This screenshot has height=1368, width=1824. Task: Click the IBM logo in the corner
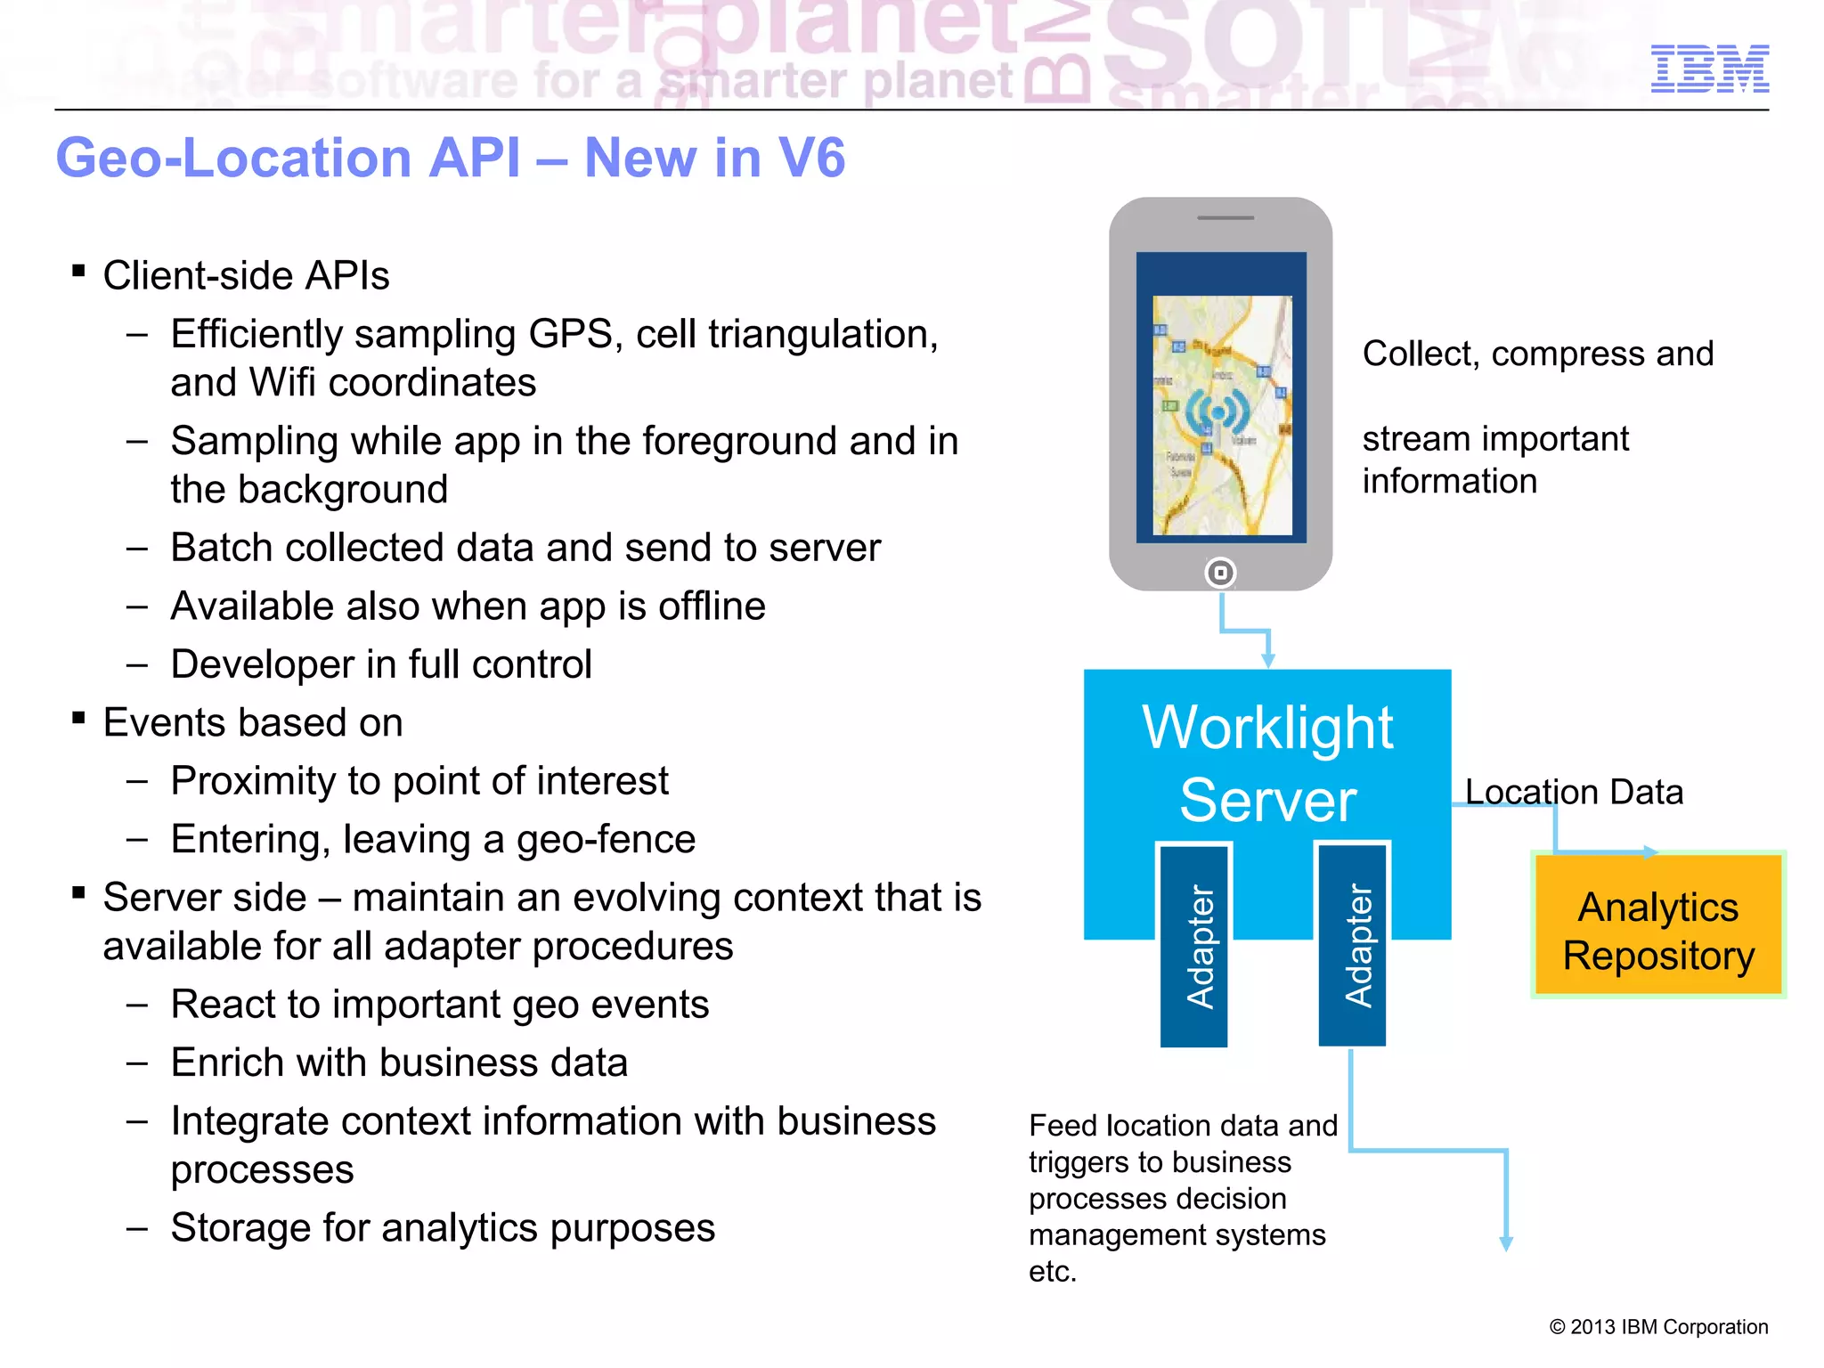pos(1709,69)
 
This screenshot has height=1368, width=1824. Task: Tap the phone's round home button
pos(1220,573)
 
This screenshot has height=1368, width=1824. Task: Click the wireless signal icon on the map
pos(1217,411)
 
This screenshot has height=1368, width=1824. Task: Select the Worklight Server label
pos(1267,763)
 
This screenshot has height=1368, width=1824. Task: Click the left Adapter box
pos(1194,945)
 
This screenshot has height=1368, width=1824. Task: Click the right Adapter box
pos(1352,945)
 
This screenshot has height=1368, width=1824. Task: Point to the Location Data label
pos(1574,792)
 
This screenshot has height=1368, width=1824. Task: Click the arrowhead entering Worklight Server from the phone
pos(1268,661)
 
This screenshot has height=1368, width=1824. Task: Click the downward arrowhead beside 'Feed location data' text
pos(1506,1243)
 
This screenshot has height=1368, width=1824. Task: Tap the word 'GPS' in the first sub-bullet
pos(570,335)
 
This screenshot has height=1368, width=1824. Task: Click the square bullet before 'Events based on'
pos(79,717)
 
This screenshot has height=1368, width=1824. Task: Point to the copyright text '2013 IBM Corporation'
pos(1668,1327)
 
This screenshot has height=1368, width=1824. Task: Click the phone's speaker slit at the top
pos(1225,218)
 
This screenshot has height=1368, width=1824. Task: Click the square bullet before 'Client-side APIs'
pos(79,270)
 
